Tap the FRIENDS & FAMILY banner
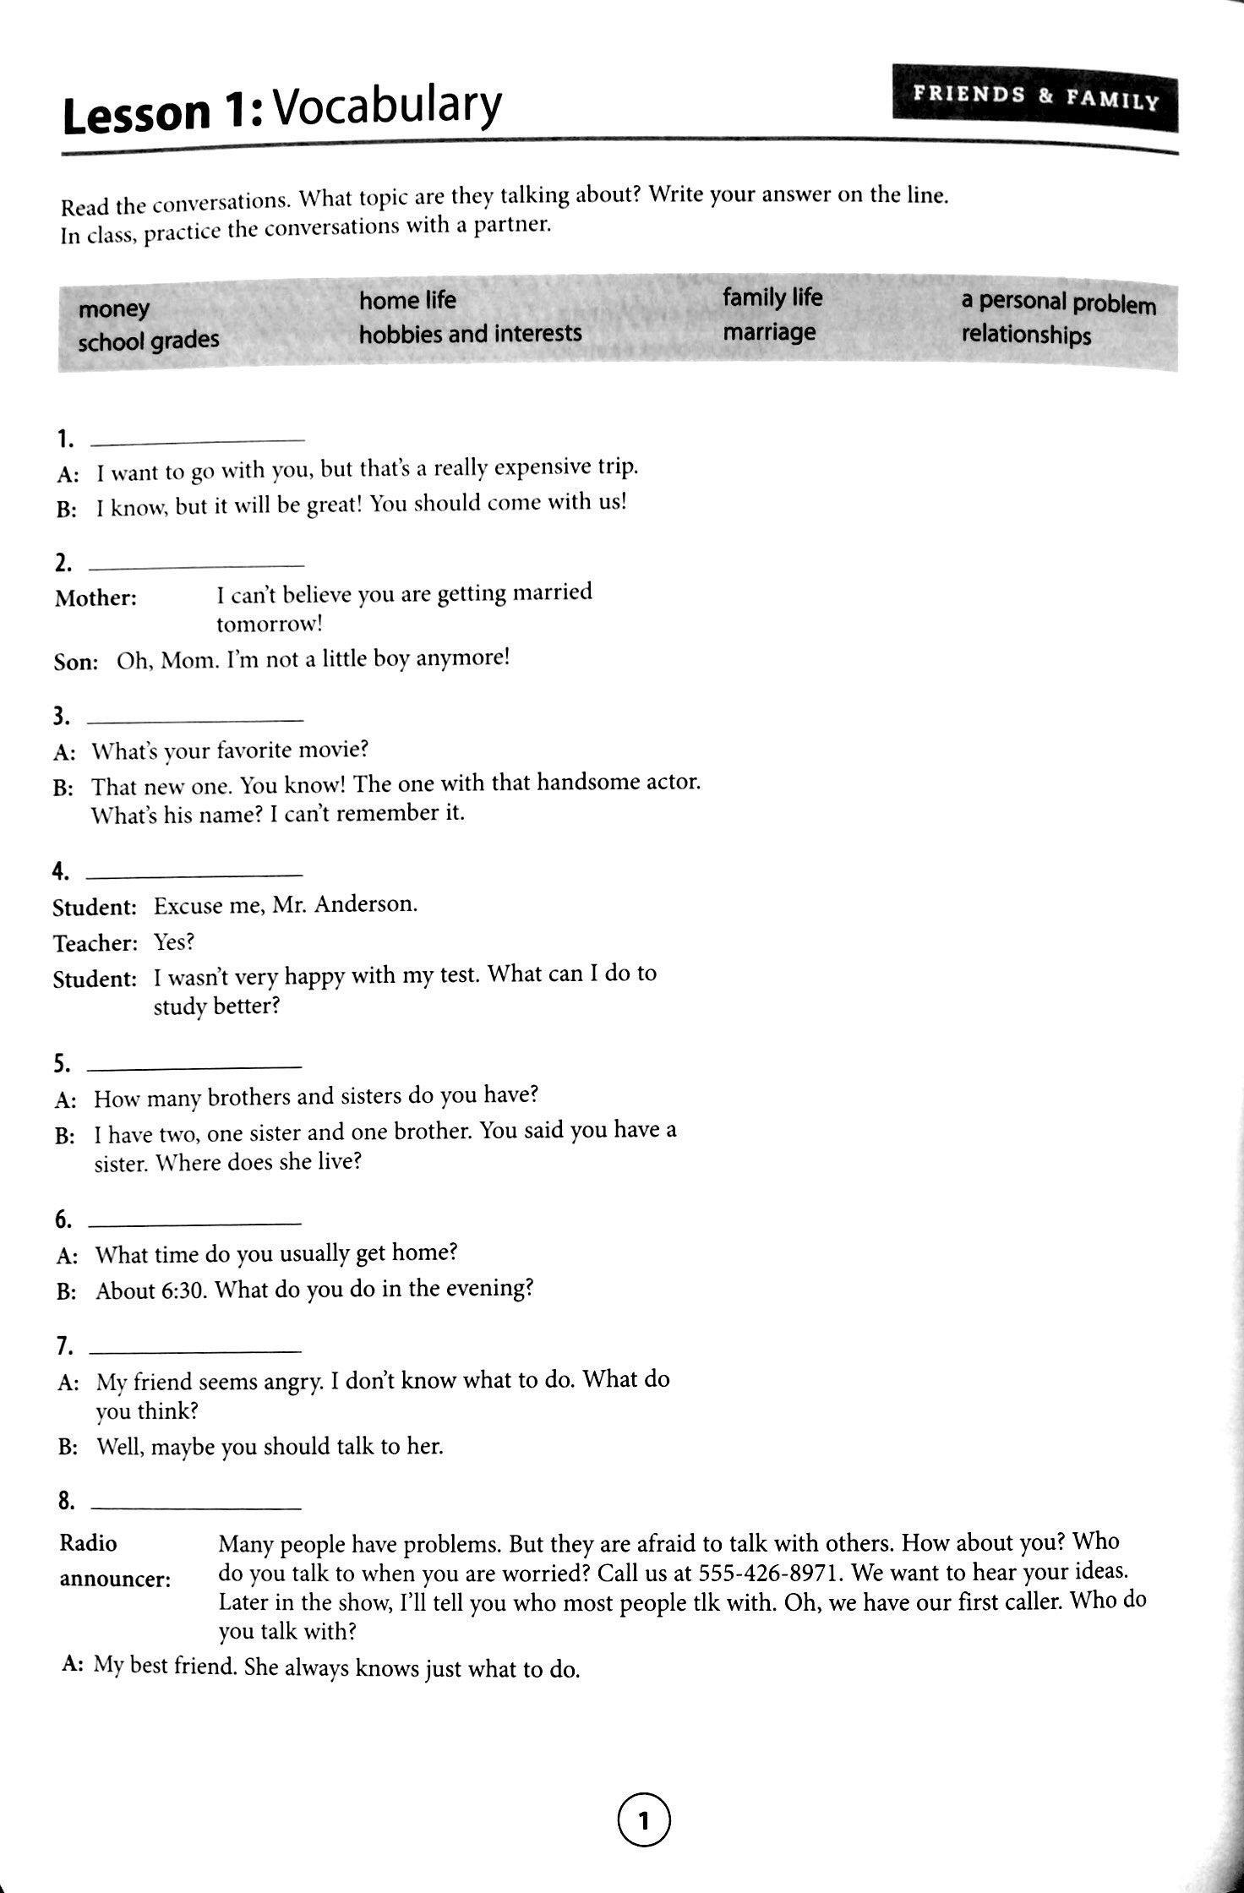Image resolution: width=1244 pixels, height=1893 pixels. [1034, 96]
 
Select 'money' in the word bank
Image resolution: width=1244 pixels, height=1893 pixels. [113, 308]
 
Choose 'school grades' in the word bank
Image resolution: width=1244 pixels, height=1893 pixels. [148, 341]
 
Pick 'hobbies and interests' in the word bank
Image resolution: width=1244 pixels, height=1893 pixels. [470, 334]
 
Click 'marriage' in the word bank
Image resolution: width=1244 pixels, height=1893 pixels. [769, 332]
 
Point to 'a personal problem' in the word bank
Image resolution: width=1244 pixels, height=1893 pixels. [1058, 303]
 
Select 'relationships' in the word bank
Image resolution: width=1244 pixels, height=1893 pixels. [1026, 335]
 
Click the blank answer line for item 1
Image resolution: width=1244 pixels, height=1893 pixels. [196, 439]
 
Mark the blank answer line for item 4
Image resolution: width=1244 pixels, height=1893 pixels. [194, 874]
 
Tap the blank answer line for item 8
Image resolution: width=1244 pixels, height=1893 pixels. [194, 1508]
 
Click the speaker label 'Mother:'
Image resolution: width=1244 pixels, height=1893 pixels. [95, 598]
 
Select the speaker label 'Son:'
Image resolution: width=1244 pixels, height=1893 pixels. [76, 662]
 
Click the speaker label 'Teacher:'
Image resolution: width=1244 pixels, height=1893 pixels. [95, 943]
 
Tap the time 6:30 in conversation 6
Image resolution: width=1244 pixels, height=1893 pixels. [183, 1291]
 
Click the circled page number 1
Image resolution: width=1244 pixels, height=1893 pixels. [644, 1820]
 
